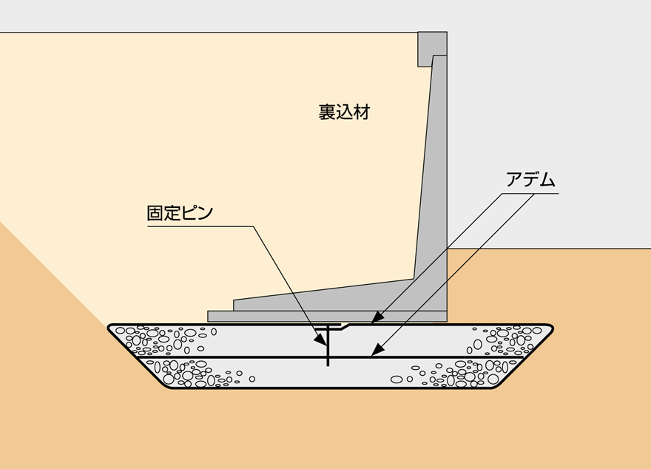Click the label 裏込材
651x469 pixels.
tap(344, 112)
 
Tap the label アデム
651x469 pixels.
tap(530, 180)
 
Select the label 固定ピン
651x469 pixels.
tap(180, 214)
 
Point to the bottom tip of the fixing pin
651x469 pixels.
tap(327, 366)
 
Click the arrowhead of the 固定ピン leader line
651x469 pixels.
tap(323, 345)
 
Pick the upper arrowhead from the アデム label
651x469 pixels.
tap(374, 321)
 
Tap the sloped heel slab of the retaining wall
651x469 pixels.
tap(325, 296)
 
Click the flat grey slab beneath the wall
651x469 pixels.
tap(325, 316)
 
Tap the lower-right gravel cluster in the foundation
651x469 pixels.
tap(462, 374)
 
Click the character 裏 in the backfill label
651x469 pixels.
tap(327, 112)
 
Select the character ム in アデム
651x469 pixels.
tap(547, 180)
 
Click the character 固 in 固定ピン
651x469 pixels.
tap(155, 214)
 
